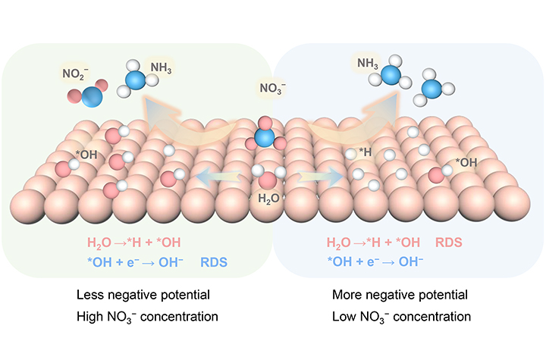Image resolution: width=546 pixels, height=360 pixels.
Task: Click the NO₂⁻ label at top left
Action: pyautogui.click(x=76, y=74)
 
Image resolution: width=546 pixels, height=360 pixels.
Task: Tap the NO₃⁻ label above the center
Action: pyautogui.click(x=273, y=88)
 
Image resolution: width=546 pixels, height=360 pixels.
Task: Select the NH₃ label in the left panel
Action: pyautogui.click(x=161, y=69)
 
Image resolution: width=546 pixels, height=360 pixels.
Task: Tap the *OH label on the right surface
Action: pyautogui.click(x=466, y=161)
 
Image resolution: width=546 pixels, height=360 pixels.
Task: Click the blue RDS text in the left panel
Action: pyautogui.click(x=215, y=262)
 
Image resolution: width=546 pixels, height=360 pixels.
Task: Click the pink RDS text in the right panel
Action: pyautogui.click(x=450, y=243)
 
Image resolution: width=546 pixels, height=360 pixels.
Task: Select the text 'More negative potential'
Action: pyautogui.click(x=400, y=294)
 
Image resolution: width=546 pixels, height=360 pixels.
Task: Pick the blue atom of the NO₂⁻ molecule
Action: pyautogui.click(x=90, y=98)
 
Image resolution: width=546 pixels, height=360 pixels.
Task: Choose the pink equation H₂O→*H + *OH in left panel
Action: pyautogui.click(x=133, y=243)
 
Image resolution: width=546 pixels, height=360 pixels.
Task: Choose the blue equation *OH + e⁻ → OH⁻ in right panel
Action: pyautogui.click(x=375, y=262)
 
